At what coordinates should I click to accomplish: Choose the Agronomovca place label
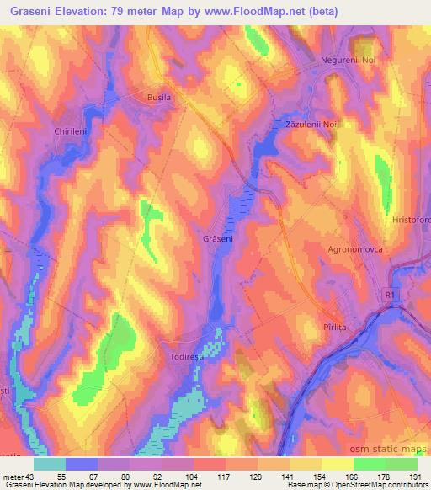click(x=356, y=250)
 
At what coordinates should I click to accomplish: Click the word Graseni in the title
click(x=34, y=13)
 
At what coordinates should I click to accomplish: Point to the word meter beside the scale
click(x=13, y=477)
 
